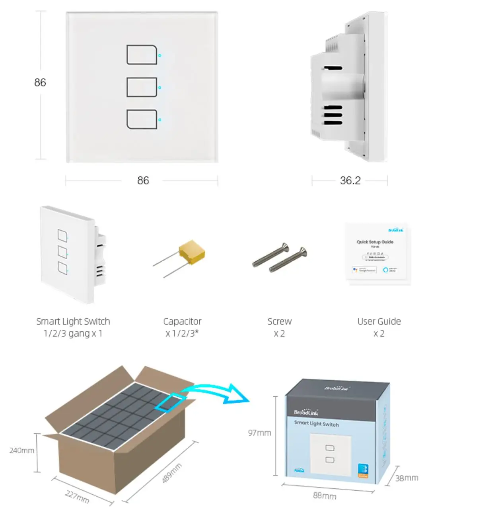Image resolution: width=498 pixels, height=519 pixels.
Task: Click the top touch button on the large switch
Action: (142, 55)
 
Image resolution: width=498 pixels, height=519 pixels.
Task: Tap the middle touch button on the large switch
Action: (142, 87)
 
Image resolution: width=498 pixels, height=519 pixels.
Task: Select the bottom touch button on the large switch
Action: (142, 119)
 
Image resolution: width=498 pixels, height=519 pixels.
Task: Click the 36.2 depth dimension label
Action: (350, 180)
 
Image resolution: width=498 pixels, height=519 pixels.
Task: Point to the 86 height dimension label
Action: (40, 82)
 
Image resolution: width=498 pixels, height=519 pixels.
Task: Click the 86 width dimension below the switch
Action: (143, 180)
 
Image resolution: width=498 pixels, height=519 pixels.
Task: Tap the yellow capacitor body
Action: (191, 252)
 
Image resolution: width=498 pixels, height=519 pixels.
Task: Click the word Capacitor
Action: (182, 321)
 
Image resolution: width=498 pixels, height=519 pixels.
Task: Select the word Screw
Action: (279, 321)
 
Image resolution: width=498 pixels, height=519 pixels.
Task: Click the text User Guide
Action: (379, 321)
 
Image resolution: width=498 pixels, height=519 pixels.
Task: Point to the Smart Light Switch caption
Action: (73, 321)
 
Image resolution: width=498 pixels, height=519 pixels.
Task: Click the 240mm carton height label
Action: (22, 450)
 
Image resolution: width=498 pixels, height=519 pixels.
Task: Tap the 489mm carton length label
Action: (172, 473)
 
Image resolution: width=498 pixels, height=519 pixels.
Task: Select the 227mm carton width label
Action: (77, 497)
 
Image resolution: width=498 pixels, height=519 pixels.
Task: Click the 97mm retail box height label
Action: (259, 433)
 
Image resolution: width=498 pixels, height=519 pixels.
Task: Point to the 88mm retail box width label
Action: (325, 496)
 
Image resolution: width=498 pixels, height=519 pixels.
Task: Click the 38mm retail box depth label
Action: (407, 478)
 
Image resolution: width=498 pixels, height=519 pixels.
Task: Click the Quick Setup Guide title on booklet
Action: (375, 242)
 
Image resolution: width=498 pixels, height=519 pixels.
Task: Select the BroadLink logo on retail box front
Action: (306, 412)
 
